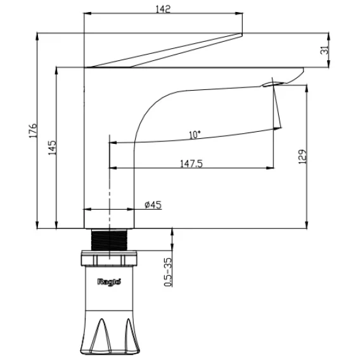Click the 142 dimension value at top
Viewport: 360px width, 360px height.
point(163,9)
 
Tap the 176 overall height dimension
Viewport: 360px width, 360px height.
point(33,131)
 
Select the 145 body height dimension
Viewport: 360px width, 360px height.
point(52,148)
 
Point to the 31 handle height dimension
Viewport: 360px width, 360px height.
point(325,50)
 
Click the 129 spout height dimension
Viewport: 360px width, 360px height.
point(302,157)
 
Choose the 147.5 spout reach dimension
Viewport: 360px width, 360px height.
point(191,164)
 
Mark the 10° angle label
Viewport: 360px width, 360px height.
point(195,135)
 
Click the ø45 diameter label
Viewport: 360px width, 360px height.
point(153,205)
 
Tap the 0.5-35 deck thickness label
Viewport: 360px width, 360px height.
point(168,272)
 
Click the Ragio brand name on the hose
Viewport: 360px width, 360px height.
point(109,281)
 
